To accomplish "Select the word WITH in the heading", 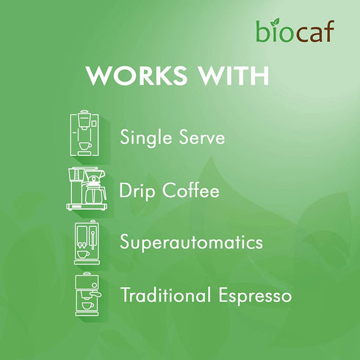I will (233, 76).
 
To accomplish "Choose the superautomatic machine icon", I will (87, 242).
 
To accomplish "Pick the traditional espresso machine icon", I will (87, 294).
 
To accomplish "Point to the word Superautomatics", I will (192, 242).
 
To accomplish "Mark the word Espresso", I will (258, 297).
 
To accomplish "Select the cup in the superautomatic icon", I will (83, 254).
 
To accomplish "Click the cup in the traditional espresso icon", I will (87, 305).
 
